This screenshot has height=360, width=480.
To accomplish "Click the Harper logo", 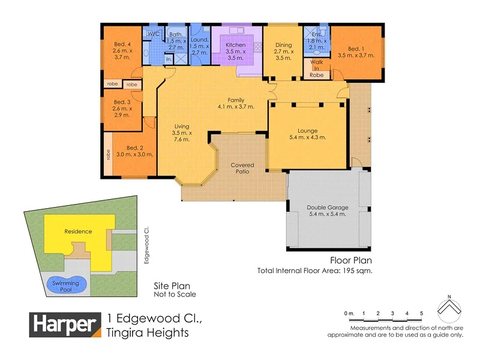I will click(x=65, y=325).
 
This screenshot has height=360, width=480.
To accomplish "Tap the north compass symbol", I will click(x=449, y=308).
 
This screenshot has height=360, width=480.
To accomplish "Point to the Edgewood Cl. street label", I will click(x=146, y=245).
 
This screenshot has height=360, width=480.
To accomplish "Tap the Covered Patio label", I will click(x=242, y=168).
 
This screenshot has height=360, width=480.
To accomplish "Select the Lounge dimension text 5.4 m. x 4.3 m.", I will click(x=307, y=137).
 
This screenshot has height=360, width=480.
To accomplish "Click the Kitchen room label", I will click(x=235, y=45).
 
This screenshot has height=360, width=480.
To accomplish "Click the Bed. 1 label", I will click(x=356, y=48).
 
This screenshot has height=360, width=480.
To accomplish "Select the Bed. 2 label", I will click(x=134, y=148).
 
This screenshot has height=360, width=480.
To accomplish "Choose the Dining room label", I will click(x=283, y=45).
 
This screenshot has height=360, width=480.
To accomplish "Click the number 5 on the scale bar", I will click(x=422, y=314).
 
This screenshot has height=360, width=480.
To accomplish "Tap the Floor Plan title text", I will click(x=351, y=260).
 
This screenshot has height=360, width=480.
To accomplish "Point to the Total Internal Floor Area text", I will click(x=315, y=271).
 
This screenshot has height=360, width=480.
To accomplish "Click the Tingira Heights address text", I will click(x=147, y=332).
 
